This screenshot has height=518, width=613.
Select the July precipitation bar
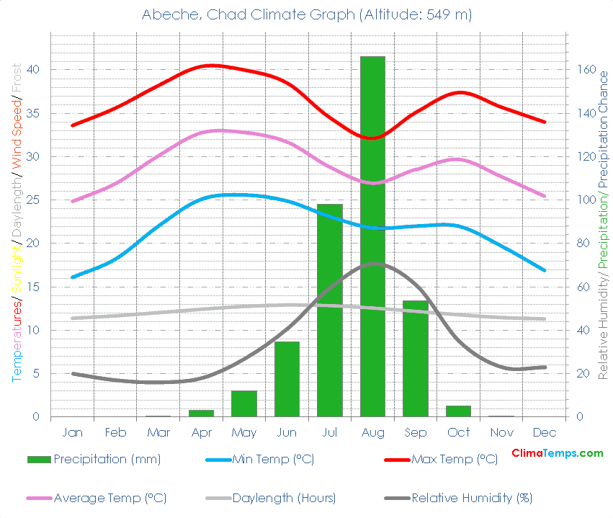(330, 310)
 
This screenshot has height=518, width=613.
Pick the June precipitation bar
(287, 379)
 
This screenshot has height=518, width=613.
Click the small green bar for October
(458, 411)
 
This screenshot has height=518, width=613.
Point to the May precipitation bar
(244, 403)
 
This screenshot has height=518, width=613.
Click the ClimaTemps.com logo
(557, 453)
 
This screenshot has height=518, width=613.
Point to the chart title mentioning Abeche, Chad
(306, 15)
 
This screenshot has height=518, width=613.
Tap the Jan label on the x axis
(73, 433)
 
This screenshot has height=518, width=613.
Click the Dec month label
(545, 433)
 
